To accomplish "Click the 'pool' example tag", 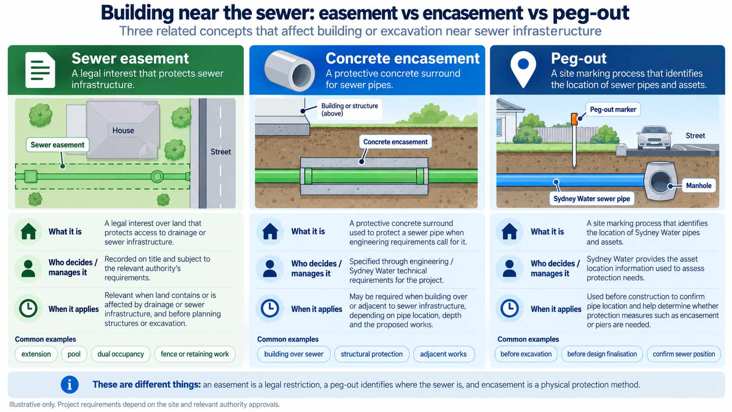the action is coord(74,354).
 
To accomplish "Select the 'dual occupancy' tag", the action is coord(120,354).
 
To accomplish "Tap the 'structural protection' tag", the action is coord(372,354).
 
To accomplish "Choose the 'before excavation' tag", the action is coord(526,354).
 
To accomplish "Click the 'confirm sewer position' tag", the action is coord(684,354).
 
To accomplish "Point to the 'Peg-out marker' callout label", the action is coord(613,109).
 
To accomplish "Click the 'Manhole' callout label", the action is coord(699,186).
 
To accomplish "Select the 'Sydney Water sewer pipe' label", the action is coord(591,199).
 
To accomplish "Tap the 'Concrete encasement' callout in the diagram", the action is coord(395,142).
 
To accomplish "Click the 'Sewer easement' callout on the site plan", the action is coord(57,145).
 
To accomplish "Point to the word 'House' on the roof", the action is coord(123,130).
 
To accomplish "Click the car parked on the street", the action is coord(654,137).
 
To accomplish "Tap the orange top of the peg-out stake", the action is coord(574,119).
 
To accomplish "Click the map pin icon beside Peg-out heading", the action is coord(523,69).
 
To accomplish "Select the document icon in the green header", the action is coord(40,70).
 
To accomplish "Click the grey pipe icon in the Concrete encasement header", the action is coord(289,70).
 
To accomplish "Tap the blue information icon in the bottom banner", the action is coord(70,384).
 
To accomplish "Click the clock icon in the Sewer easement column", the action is coord(28,308).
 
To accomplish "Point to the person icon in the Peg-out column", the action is coord(510,268).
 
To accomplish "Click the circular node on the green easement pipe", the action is coord(157,176).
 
